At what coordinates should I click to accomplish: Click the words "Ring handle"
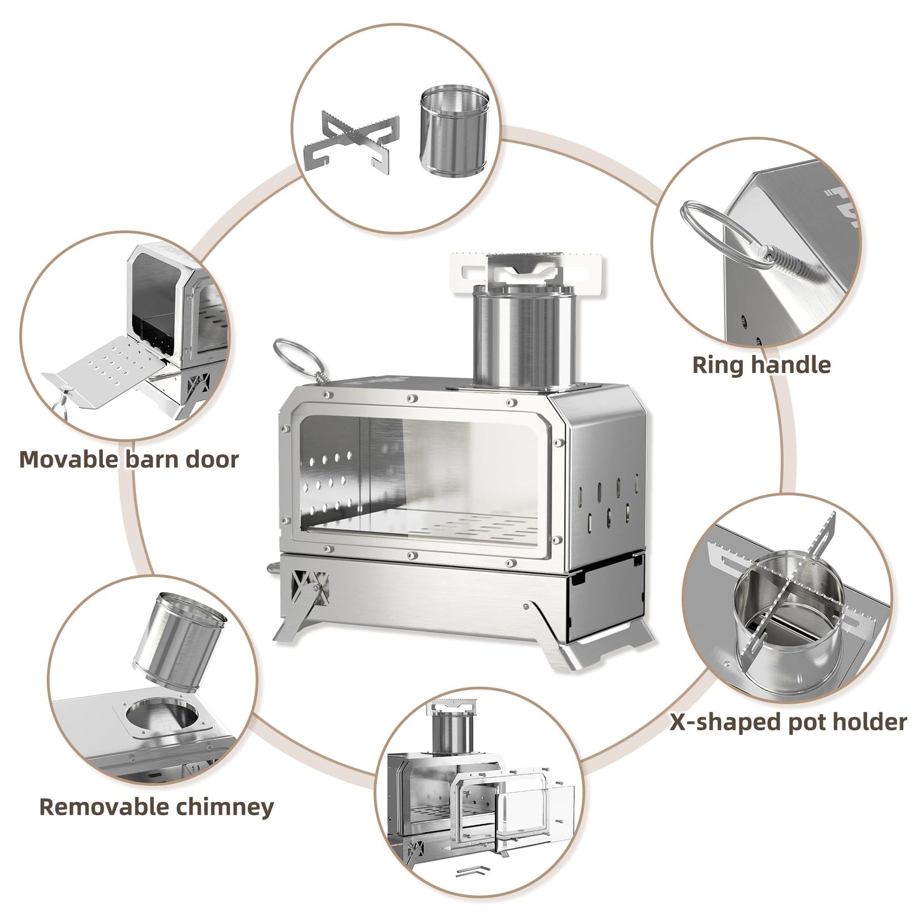pos(761,365)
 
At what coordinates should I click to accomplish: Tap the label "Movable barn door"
pos(129,459)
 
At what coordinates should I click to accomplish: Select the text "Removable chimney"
pos(157,806)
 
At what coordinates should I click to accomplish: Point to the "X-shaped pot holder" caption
pos(788,722)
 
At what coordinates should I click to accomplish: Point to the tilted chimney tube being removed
pos(180,635)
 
